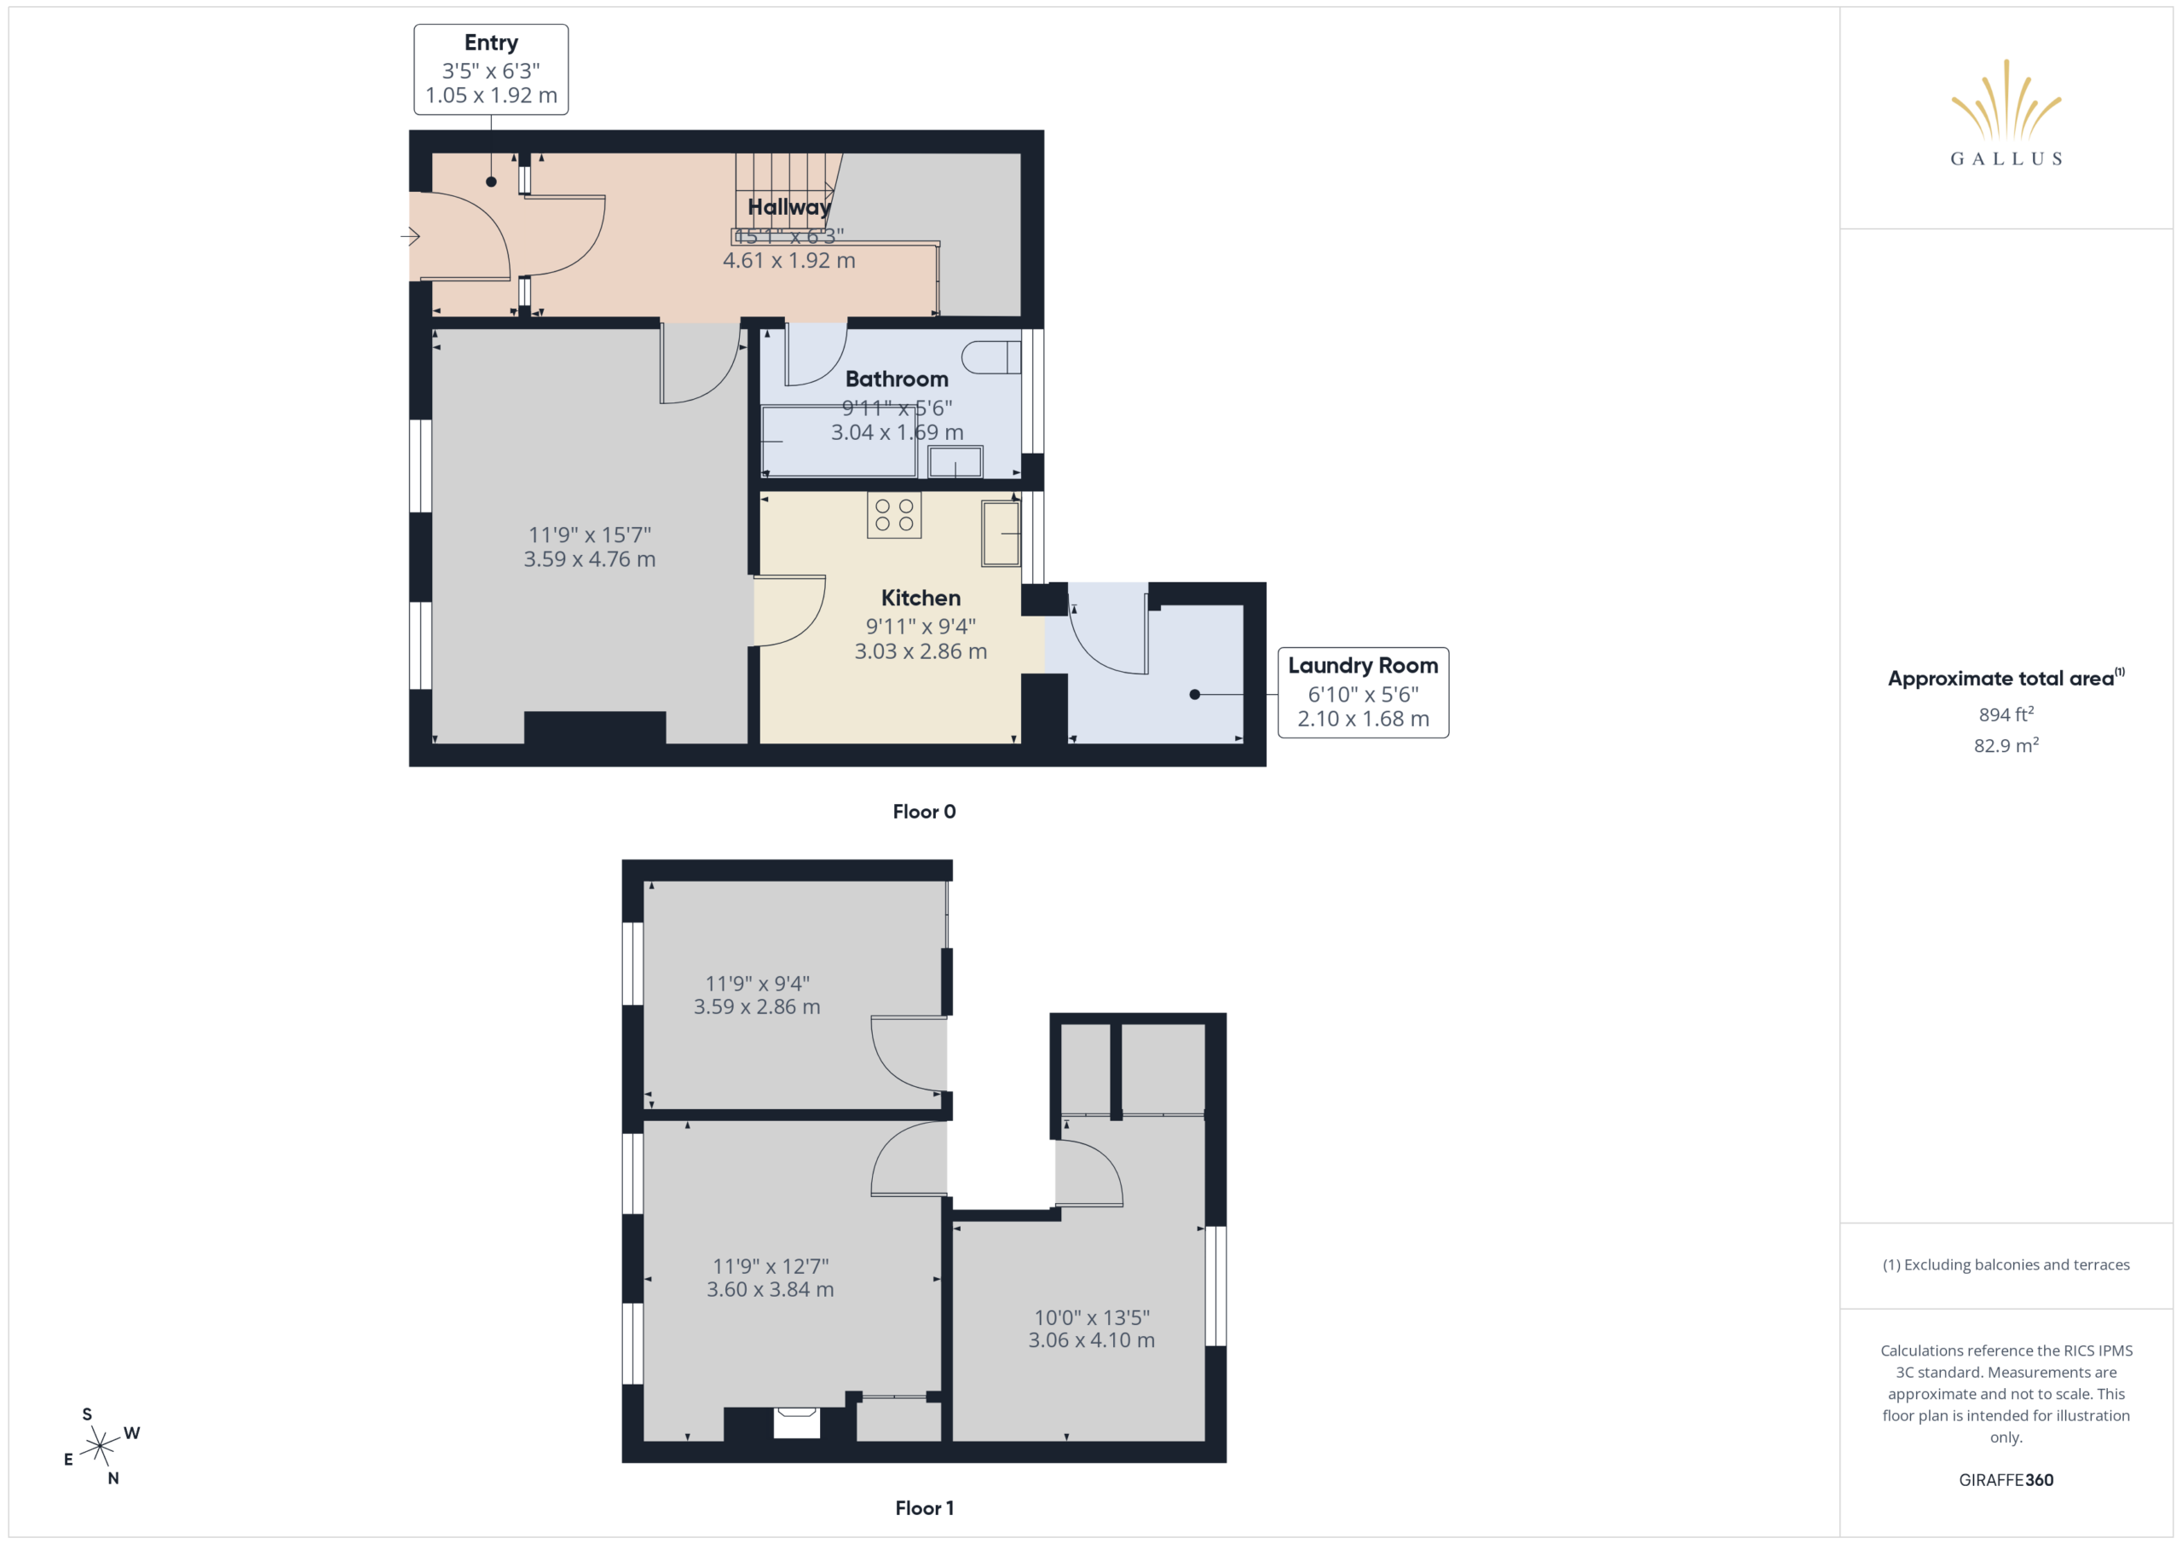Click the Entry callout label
click(490, 43)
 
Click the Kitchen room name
click(920, 598)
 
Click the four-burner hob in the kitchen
click(893, 515)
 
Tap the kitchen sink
click(1001, 534)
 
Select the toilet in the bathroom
click(990, 357)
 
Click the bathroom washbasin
click(955, 462)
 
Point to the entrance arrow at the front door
click(410, 236)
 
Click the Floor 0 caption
click(924, 811)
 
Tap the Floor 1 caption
click(924, 1508)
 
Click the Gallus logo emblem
click(2006, 99)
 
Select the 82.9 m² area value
click(2006, 745)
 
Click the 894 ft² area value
click(2006, 714)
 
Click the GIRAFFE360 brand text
click(2006, 1480)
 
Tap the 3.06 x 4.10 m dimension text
click(1091, 1340)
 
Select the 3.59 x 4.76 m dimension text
click(589, 559)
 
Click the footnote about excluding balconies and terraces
click(2006, 1264)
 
